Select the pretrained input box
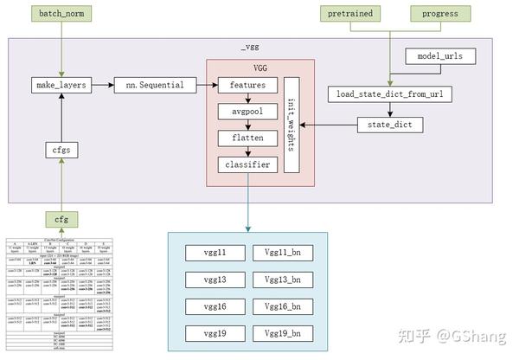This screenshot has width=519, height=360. [x=350, y=15]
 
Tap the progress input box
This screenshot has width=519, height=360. [x=439, y=15]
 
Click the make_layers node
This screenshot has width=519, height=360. [x=60, y=85]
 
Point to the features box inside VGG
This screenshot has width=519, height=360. [x=247, y=85]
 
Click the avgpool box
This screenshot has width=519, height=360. [x=247, y=112]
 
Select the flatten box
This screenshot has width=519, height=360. [x=247, y=138]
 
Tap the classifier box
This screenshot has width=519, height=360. [x=247, y=164]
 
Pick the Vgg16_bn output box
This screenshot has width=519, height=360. [x=282, y=306]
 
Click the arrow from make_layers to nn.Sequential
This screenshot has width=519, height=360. [x=102, y=85]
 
